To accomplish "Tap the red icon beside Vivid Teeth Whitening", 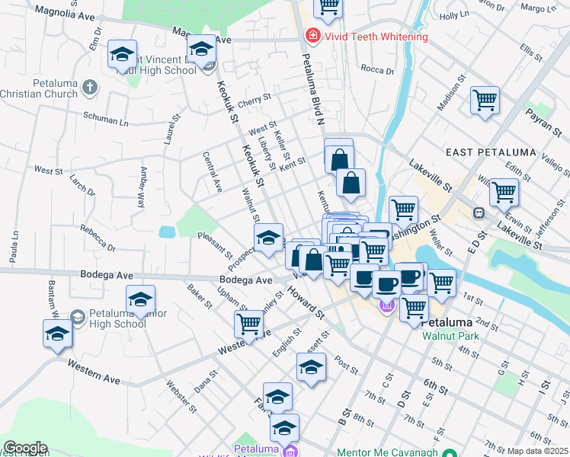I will [x=312, y=36].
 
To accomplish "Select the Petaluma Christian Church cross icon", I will [x=90, y=87].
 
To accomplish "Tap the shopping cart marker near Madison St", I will [x=485, y=101].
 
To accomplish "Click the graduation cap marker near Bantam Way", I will [x=57, y=334].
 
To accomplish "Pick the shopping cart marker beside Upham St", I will [x=249, y=324].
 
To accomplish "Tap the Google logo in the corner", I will [x=24, y=447].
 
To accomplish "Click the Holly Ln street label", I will [x=454, y=14].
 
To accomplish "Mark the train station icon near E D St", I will [x=479, y=213].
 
